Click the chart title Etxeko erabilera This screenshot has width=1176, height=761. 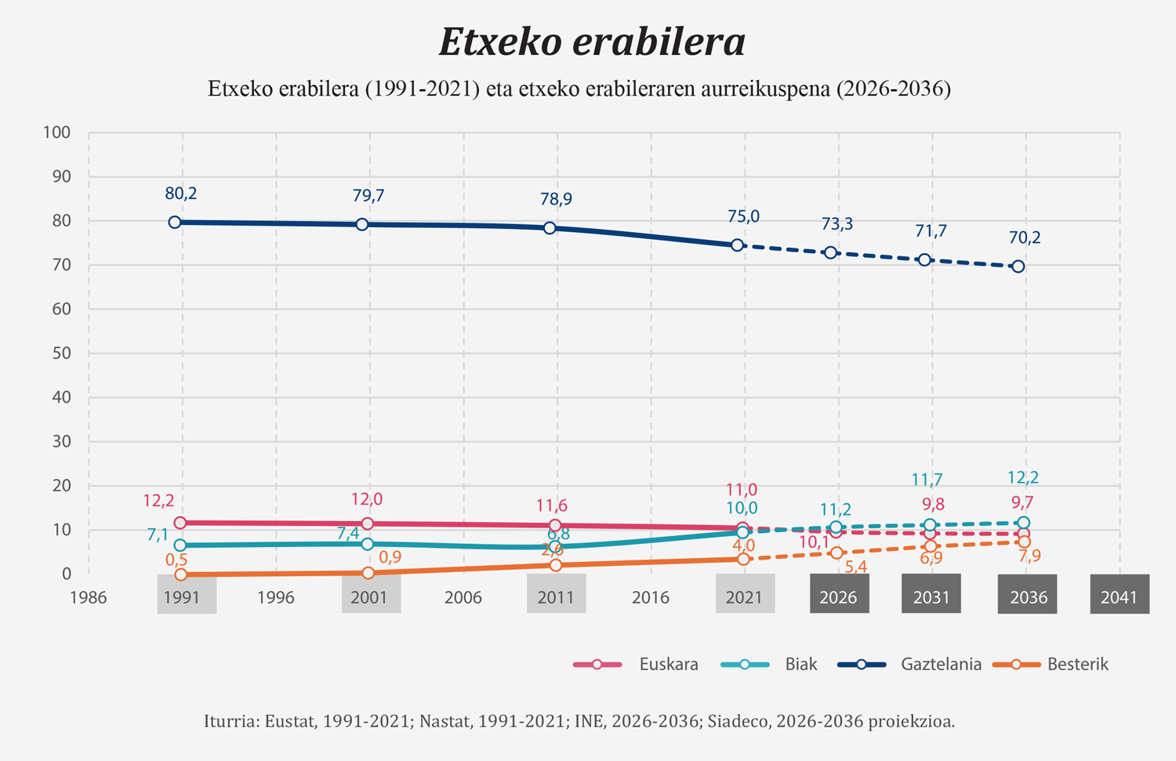(592, 42)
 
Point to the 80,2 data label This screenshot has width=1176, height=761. (180, 193)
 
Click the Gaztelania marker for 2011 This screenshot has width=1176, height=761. (550, 228)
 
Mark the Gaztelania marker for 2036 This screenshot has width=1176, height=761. (1018, 266)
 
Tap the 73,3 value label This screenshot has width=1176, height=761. (837, 224)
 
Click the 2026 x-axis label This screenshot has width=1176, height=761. (838, 597)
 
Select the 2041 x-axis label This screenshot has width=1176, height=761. (1119, 597)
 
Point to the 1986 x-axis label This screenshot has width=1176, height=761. (88, 597)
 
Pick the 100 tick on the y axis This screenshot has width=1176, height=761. (57, 132)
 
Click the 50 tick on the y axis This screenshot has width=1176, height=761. (61, 353)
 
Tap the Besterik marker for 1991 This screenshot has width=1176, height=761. (181, 574)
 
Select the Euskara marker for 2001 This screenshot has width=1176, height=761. (367, 524)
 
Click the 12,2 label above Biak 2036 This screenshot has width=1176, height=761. (1023, 477)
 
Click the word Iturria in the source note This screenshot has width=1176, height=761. (229, 721)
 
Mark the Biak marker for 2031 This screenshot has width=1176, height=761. (930, 525)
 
